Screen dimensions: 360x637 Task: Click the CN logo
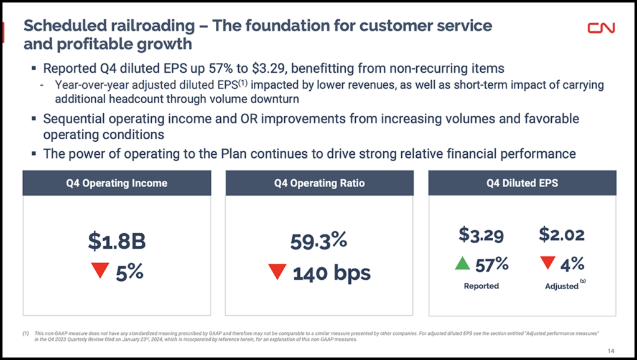click(x=602, y=28)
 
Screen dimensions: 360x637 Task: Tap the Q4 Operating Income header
click(x=117, y=183)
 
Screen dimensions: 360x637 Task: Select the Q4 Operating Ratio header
click(x=319, y=183)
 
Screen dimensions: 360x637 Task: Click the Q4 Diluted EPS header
click(x=522, y=183)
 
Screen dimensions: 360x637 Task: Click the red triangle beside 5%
click(x=100, y=270)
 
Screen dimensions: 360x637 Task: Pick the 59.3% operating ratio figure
click(x=318, y=241)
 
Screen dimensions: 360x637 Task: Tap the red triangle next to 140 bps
click(x=277, y=272)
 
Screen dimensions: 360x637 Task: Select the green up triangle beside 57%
click(x=462, y=264)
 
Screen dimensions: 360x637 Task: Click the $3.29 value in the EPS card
click(x=481, y=235)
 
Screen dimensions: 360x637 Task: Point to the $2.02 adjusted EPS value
click(x=562, y=235)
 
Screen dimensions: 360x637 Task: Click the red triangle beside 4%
click(x=547, y=263)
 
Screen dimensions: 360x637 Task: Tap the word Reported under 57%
click(x=481, y=286)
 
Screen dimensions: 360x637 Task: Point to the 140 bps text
click(x=330, y=272)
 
